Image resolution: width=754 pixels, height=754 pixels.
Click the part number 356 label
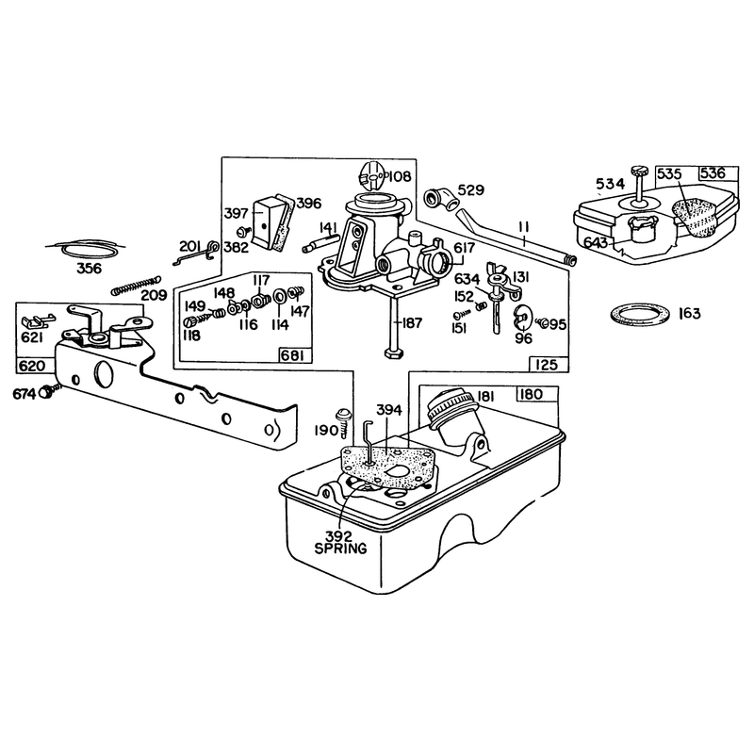pos(90,268)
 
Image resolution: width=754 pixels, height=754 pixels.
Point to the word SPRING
pos(340,548)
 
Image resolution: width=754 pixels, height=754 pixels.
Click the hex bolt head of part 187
pos(394,353)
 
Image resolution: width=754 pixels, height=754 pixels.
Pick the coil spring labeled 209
pos(136,286)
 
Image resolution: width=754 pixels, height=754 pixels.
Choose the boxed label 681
pos(295,356)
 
